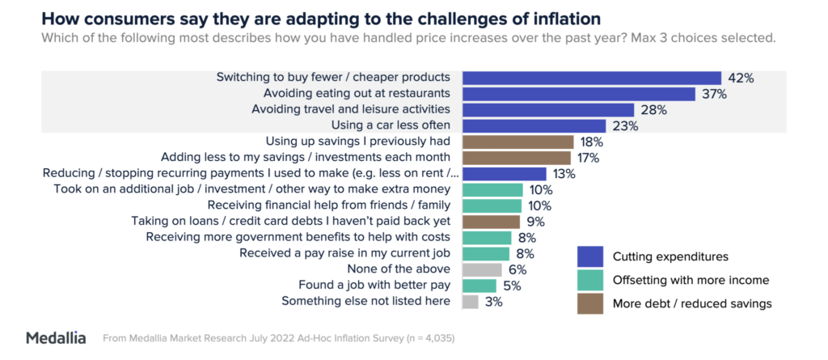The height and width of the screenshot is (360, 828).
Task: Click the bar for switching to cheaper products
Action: pyautogui.click(x=591, y=78)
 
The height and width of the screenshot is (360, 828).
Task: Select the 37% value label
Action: pyautogui.click(x=713, y=94)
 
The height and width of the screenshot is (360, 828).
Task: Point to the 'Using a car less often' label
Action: pyautogui.click(x=392, y=125)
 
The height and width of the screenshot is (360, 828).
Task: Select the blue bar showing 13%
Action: pyautogui.click(x=504, y=174)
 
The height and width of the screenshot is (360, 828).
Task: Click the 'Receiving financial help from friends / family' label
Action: pyautogui.click(x=330, y=205)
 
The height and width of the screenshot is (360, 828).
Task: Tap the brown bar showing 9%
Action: pyautogui.click(x=491, y=221)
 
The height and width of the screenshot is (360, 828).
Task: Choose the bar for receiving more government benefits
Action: pyautogui.click(x=487, y=237)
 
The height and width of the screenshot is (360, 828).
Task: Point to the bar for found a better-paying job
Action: pyautogui.click(x=479, y=286)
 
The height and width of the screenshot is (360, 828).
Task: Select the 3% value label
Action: pyautogui.click(x=494, y=302)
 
